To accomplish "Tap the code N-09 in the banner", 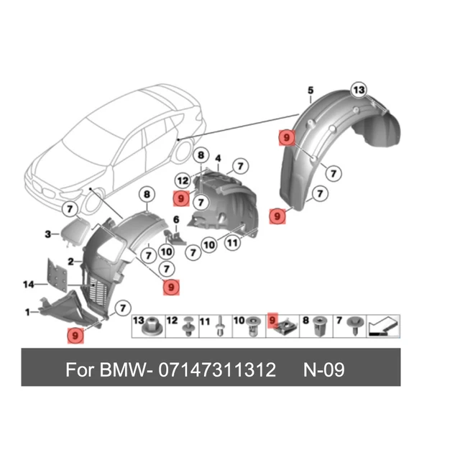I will pyautogui.click(x=323, y=370).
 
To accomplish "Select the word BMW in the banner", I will pyautogui.click(x=121, y=370).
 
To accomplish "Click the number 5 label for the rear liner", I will pyautogui.click(x=310, y=90).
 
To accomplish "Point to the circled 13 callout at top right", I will pyautogui.click(x=359, y=89).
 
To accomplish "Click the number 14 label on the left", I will pyautogui.click(x=29, y=285).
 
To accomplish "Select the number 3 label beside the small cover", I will pyautogui.click(x=47, y=234).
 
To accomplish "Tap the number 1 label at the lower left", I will pyautogui.click(x=27, y=313).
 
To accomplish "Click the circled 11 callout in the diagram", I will pyautogui.click(x=232, y=244).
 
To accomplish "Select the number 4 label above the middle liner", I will pyautogui.click(x=218, y=157).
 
